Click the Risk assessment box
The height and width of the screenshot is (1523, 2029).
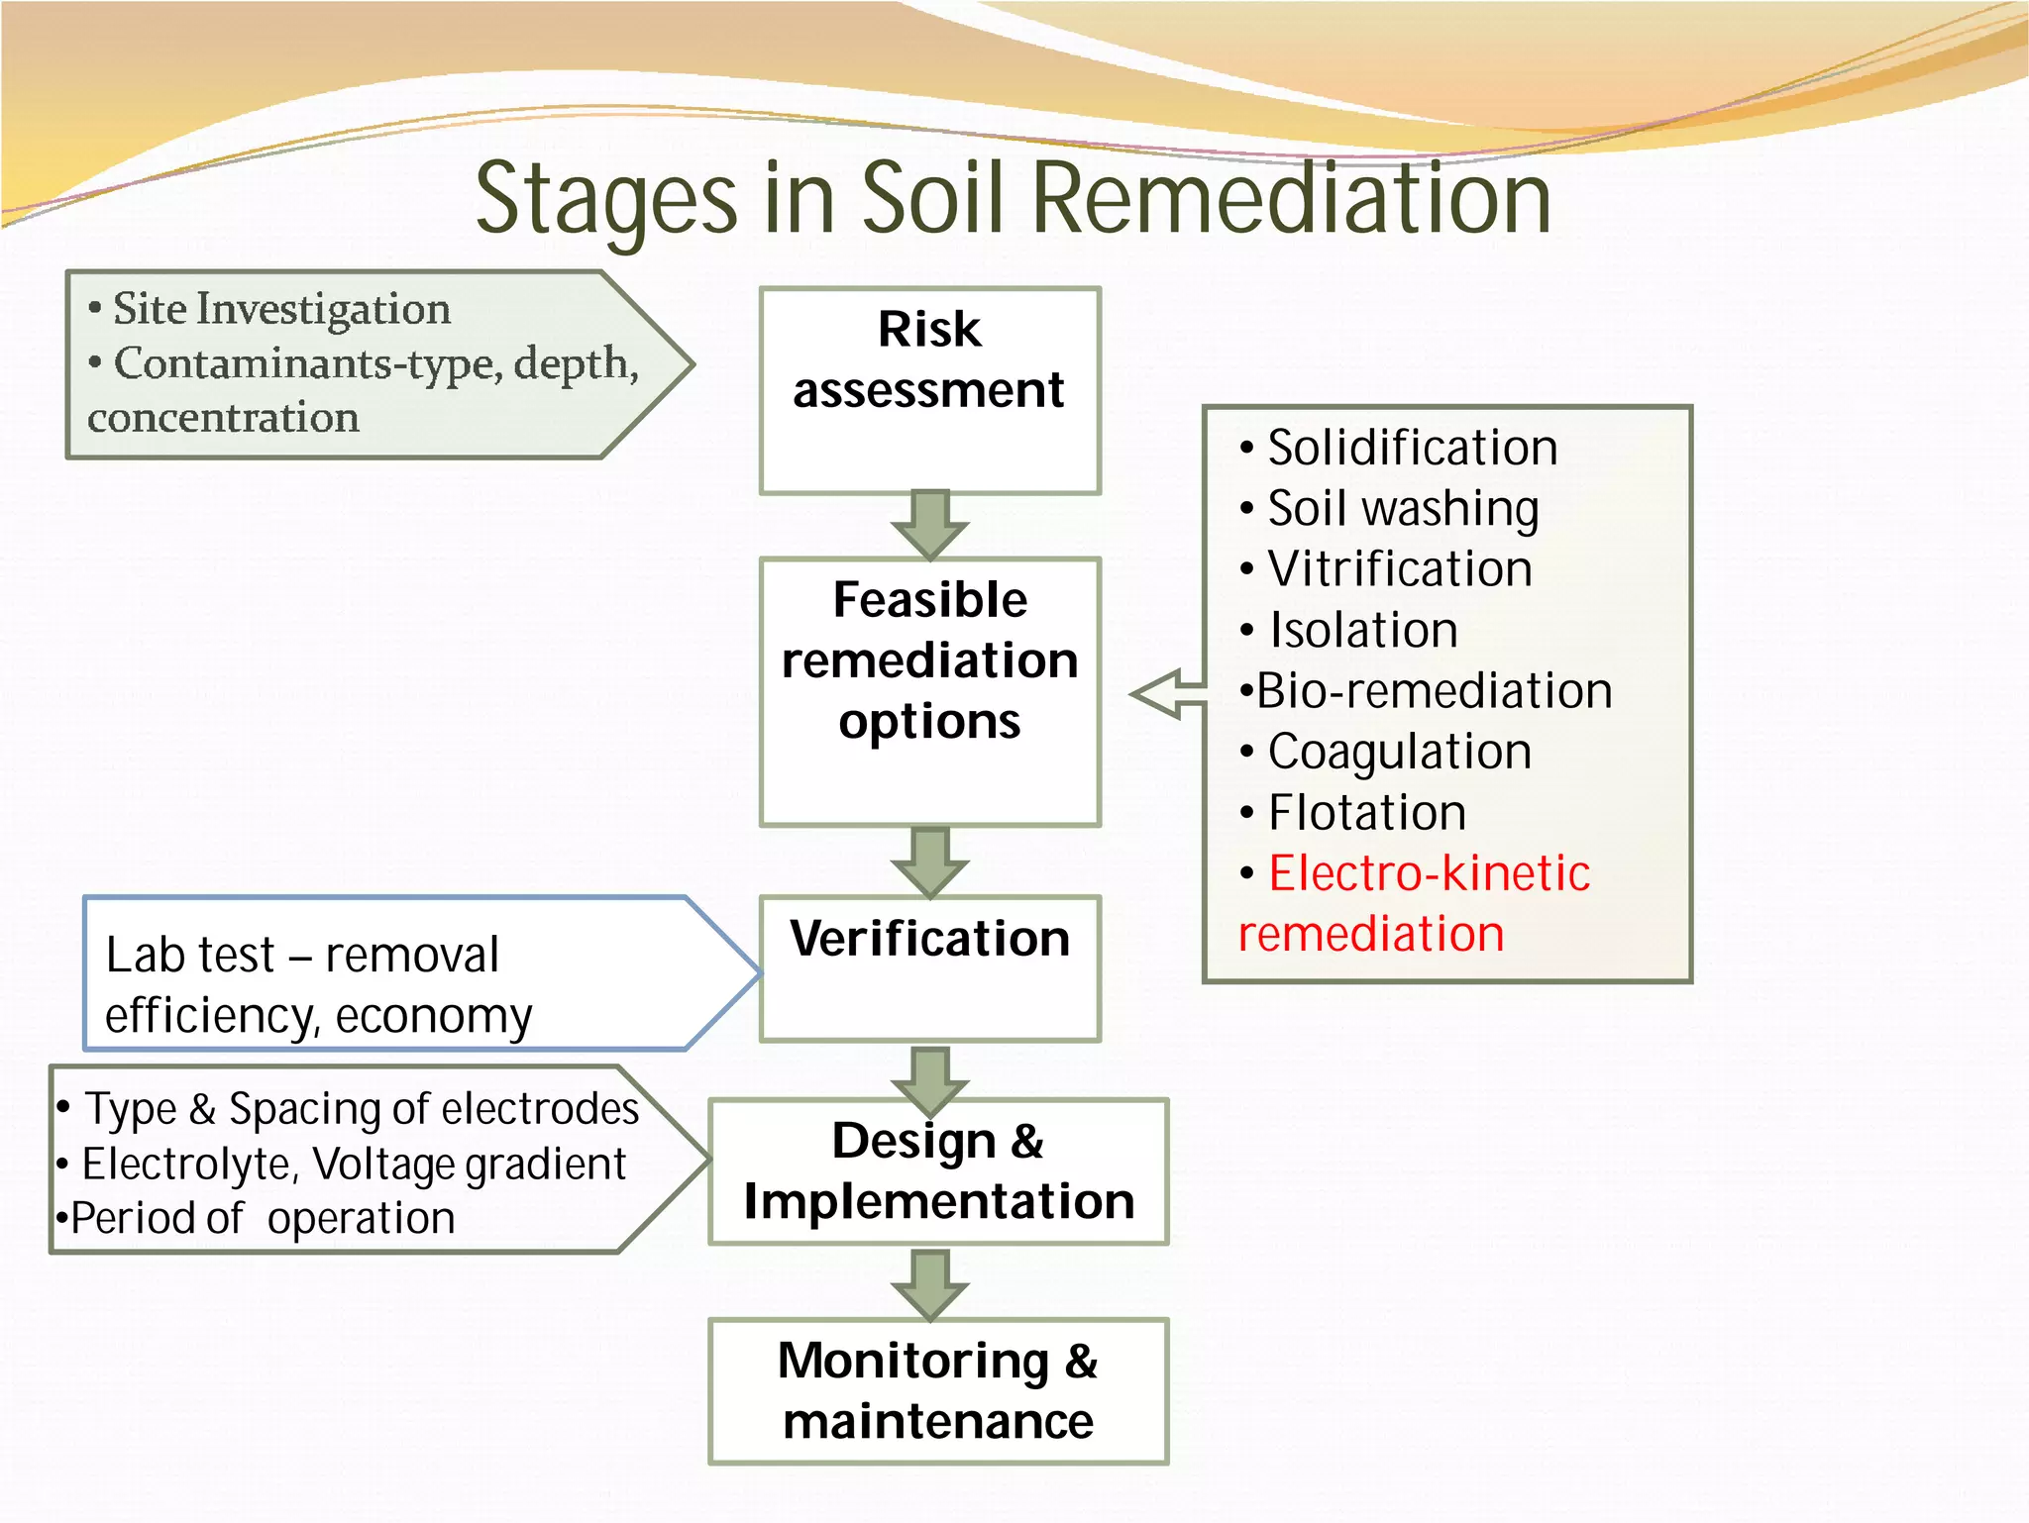[929, 390]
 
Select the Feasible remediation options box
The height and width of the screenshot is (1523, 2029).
[929, 690]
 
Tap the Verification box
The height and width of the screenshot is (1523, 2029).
[929, 967]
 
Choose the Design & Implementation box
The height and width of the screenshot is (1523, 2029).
[938, 1170]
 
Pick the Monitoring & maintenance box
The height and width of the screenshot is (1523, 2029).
[938, 1390]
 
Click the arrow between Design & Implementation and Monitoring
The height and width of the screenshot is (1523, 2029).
[929, 1283]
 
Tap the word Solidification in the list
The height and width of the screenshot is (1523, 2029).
[1412, 448]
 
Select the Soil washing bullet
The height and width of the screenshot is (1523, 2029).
[1402, 509]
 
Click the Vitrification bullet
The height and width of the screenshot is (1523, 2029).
[1399, 569]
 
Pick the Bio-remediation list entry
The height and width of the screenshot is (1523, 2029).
[1433, 691]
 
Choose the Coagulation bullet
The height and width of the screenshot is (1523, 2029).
[1399, 752]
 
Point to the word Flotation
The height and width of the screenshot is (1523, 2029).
[1366, 813]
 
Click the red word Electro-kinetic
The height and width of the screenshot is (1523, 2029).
[1429, 873]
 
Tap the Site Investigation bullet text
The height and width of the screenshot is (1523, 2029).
[281, 309]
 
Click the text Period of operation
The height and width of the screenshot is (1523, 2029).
[263, 1218]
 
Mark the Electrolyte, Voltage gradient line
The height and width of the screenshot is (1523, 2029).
[354, 1164]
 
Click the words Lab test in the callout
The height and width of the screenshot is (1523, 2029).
[189, 956]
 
